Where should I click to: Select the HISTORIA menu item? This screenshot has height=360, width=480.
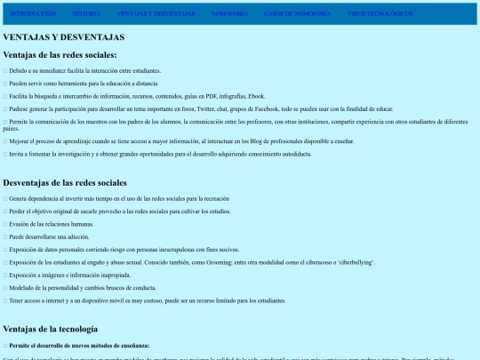(x=86, y=14)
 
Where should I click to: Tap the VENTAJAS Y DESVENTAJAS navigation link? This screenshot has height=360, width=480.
(x=156, y=14)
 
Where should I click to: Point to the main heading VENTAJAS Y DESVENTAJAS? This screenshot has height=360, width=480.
(x=64, y=37)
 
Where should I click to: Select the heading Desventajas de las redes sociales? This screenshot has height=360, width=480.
(x=65, y=182)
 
